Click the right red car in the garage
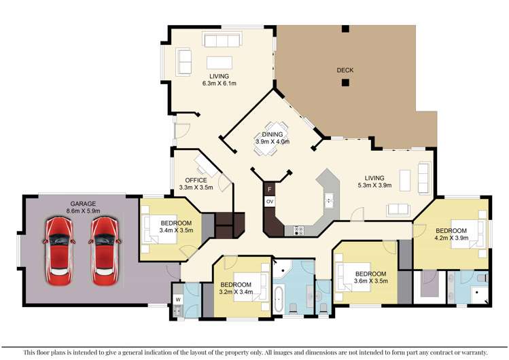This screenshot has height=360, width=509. (104, 251)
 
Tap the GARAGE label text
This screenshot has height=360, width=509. (82, 203)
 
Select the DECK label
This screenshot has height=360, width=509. (345, 70)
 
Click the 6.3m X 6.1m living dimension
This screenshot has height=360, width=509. (219, 84)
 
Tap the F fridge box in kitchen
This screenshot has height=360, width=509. (270, 188)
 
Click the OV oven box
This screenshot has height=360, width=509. (270, 202)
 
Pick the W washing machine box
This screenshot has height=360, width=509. (177, 299)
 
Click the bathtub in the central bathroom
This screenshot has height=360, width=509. (279, 299)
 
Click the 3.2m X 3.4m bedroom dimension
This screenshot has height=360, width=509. (236, 292)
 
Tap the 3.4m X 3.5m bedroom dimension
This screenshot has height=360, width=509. (176, 230)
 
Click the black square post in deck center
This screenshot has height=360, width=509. (346, 83)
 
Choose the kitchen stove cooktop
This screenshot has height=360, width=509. (298, 230)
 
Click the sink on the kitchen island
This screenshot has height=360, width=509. (329, 200)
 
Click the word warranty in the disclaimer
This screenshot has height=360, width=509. (471, 353)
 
